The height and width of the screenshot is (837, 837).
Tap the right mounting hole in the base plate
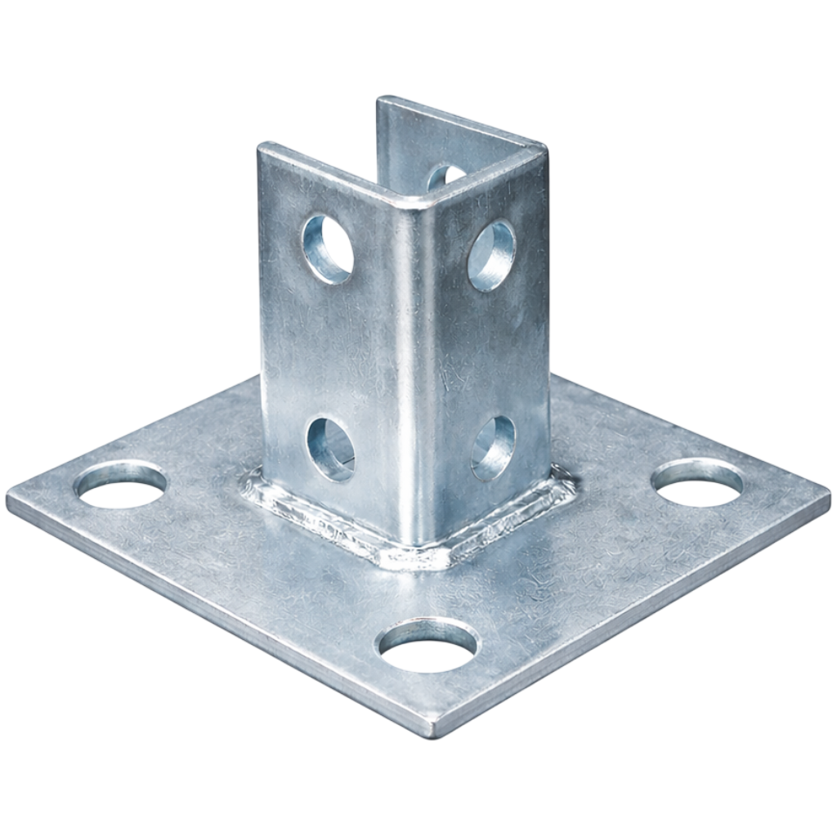[x=697, y=481]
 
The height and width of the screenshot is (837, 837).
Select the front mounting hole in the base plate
[x=428, y=644]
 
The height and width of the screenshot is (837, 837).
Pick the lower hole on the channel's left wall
[x=331, y=448]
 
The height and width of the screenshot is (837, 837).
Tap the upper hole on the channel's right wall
[x=492, y=255]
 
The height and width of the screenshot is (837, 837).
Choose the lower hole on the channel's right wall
[x=494, y=447]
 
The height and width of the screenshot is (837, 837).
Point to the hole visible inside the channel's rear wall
[x=445, y=175]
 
